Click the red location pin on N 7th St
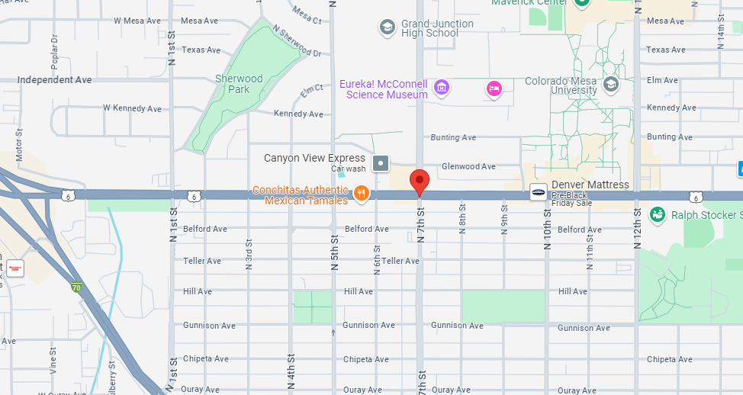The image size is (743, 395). point(420,181)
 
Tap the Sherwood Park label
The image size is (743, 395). point(238,84)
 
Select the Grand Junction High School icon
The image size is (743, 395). point(388,28)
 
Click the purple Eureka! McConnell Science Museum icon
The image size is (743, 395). point(442,88)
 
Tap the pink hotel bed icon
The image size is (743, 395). point(494,89)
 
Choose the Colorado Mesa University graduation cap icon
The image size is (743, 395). point(610,84)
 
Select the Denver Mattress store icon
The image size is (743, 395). point(539,192)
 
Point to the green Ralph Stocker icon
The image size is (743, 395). point(656,215)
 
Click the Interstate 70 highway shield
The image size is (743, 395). point(76,287)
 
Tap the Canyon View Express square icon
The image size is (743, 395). point(381,163)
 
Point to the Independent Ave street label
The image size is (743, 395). point(54,80)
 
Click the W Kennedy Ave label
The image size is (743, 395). point(133,108)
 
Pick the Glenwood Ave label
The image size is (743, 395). point(468,166)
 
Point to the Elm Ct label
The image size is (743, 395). point(311,91)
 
